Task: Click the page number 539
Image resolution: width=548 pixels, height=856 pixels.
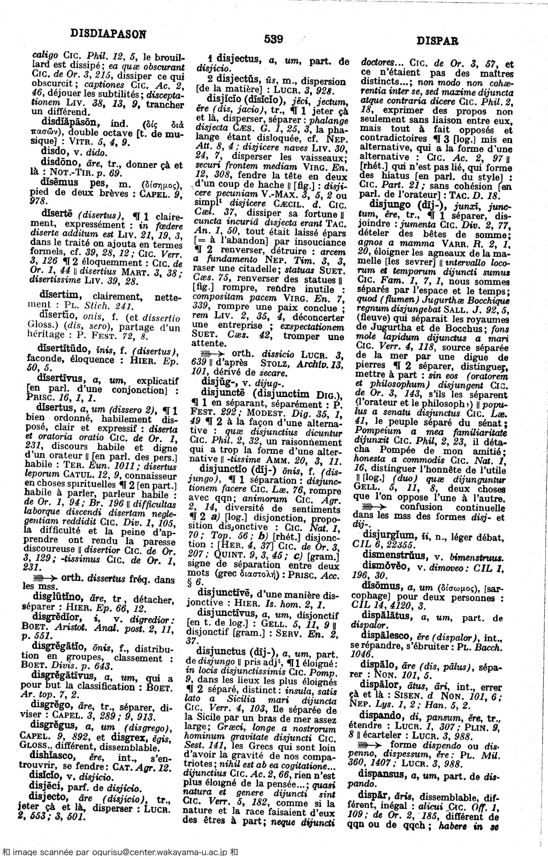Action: [x=273, y=39]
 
